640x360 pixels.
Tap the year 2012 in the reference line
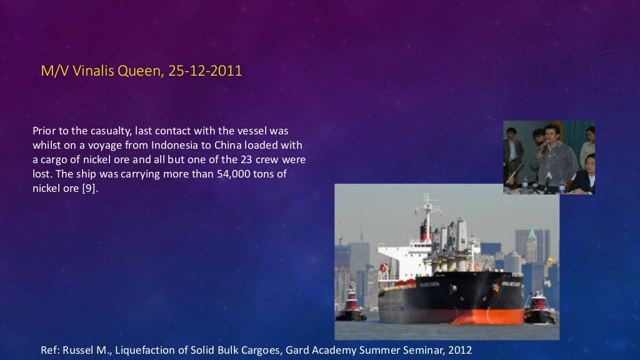click(x=459, y=349)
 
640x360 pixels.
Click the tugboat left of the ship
click(x=351, y=306)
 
